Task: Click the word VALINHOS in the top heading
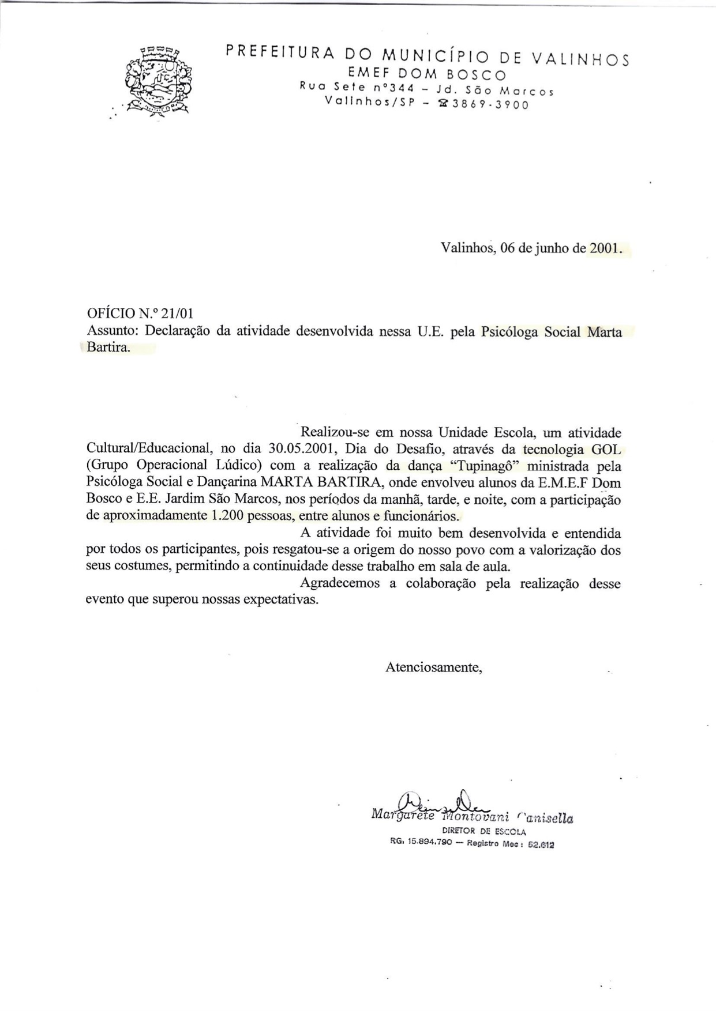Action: coord(580,58)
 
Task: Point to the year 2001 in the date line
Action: coord(603,248)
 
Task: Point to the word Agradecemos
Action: coord(340,583)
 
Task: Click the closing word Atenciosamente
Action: coord(433,667)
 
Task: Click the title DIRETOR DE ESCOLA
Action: coord(483,831)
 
